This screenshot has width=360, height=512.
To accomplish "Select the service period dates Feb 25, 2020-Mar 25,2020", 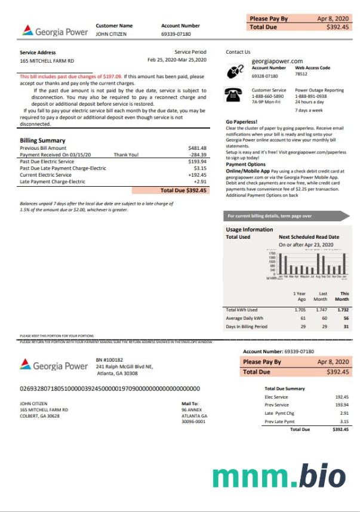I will (x=177, y=60).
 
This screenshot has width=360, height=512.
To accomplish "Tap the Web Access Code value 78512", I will (x=301, y=74).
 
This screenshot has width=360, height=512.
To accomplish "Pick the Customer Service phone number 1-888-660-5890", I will (x=267, y=96).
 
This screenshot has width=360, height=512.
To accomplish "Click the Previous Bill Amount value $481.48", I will (x=197, y=148).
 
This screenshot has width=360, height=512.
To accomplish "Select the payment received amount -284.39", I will (x=197, y=155).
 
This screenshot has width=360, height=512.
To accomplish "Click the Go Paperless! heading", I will (x=241, y=122).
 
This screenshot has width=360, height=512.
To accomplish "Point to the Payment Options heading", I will (x=245, y=164).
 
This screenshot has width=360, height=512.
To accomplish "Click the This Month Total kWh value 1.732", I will (x=343, y=310).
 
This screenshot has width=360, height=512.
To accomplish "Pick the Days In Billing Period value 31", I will (x=346, y=326).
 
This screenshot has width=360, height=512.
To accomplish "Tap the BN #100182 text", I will (x=109, y=360).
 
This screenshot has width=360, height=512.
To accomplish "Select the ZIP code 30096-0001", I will (x=193, y=421).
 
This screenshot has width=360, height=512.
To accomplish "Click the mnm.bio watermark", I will (x=279, y=476).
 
